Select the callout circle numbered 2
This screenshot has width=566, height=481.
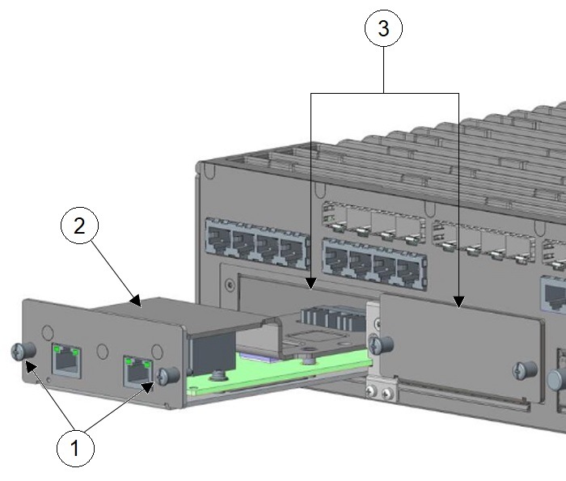pyautogui.click(x=79, y=226)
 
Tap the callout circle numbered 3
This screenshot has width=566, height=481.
pyautogui.click(x=383, y=30)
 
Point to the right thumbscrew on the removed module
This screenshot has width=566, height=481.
pyautogui.click(x=170, y=375)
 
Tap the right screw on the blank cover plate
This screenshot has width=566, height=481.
pyautogui.click(x=520, y=371)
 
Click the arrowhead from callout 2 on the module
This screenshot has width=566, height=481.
pyautogui.click(x=138, y=305)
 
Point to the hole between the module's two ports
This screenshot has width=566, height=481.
pyautogui.click(x=101, y=351)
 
